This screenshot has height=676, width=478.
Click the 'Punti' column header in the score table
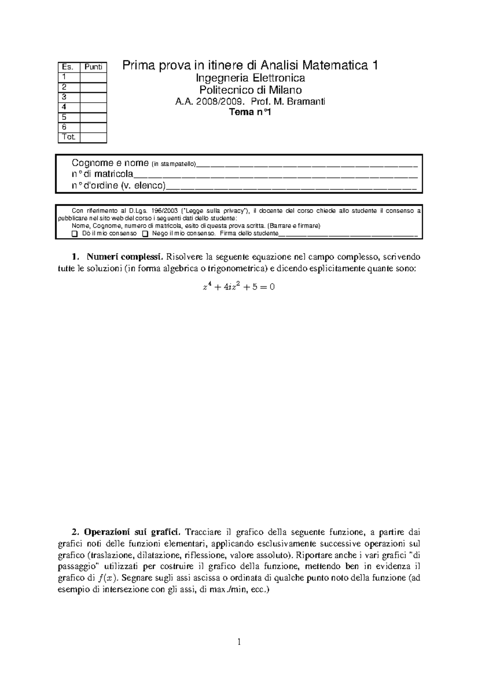pyautogui.click(x=93, y=67)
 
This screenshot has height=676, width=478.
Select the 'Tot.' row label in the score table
pyautogui.click(x=69, y=137)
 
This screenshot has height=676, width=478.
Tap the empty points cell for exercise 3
pyautogui.click(x=93, y=97)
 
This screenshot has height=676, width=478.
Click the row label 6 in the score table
pyautogui.click(x=64, y=127)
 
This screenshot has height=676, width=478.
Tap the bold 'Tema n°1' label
pyautogui.click(x=250, y=113)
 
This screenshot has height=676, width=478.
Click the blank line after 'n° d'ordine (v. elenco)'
pyautogui.click(x=291, y=186)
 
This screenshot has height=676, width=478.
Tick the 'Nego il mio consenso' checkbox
pyautogui.click(x=145, y=234)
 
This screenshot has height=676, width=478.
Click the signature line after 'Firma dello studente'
pyautogui.click(x=348, y=234)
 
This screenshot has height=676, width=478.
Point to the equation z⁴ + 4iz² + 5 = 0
pyautogui.click(x=239, y=287)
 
